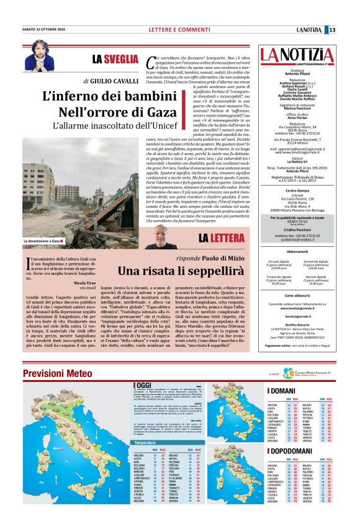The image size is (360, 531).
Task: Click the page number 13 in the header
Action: (349, 30)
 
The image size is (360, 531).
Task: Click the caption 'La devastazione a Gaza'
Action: (43, 241)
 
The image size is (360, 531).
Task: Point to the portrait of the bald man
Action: (169, 236)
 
